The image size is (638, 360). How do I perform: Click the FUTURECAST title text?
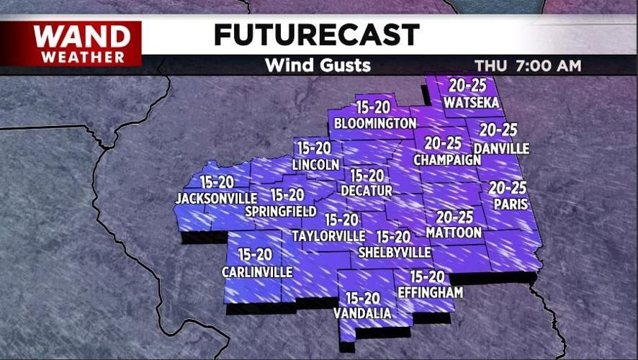pos(316,35)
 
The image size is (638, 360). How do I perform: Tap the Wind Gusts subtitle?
pos(318,66)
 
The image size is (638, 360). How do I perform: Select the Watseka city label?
pos(472,103)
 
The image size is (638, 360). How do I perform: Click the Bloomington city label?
pos(375,124)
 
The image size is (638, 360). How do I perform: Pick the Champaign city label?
pos(446,160)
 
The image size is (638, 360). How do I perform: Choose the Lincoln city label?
pos(315,165)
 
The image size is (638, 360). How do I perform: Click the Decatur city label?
pos(367,191)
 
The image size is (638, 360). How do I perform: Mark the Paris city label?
pos(510,204)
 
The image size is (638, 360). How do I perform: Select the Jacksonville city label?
pos(216,198)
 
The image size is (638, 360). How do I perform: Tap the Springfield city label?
pos(281,212)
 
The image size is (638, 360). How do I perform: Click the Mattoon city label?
pos(454,233)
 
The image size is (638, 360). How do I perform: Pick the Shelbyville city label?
pos(395,253)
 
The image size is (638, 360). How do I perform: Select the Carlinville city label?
pos(257,272)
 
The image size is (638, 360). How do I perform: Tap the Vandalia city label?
pos(362,313)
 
